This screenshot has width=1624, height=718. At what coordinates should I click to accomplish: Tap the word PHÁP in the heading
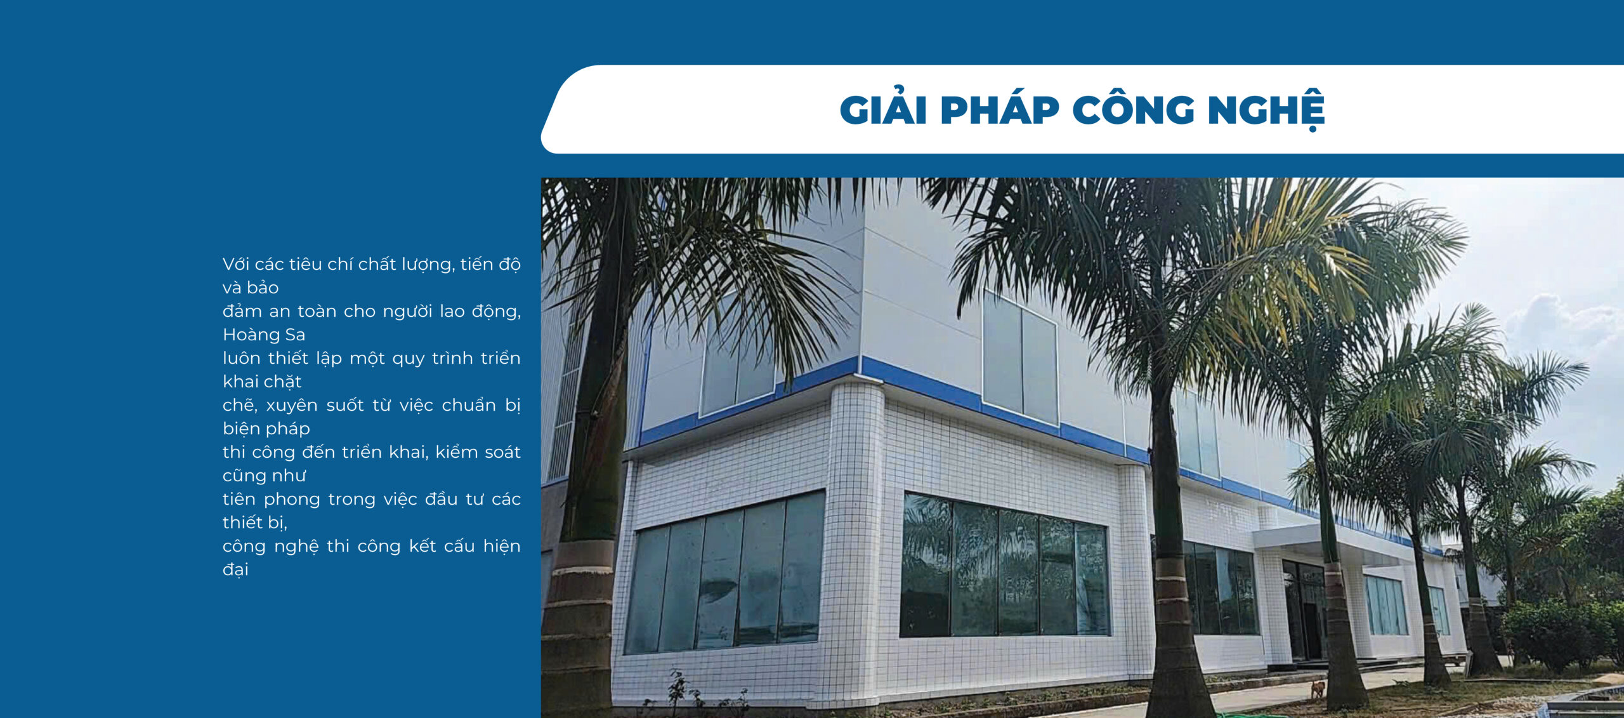click(1000, 109)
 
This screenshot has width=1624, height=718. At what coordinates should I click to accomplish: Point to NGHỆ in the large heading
click(1266, 110)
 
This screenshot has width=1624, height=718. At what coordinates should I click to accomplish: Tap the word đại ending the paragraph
click(235, 569)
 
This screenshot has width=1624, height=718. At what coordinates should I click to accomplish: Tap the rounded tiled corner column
click(856, 540)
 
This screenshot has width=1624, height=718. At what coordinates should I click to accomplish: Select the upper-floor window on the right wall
click(1019, 359)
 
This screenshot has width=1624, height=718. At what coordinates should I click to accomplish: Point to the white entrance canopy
click(1326, 542)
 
